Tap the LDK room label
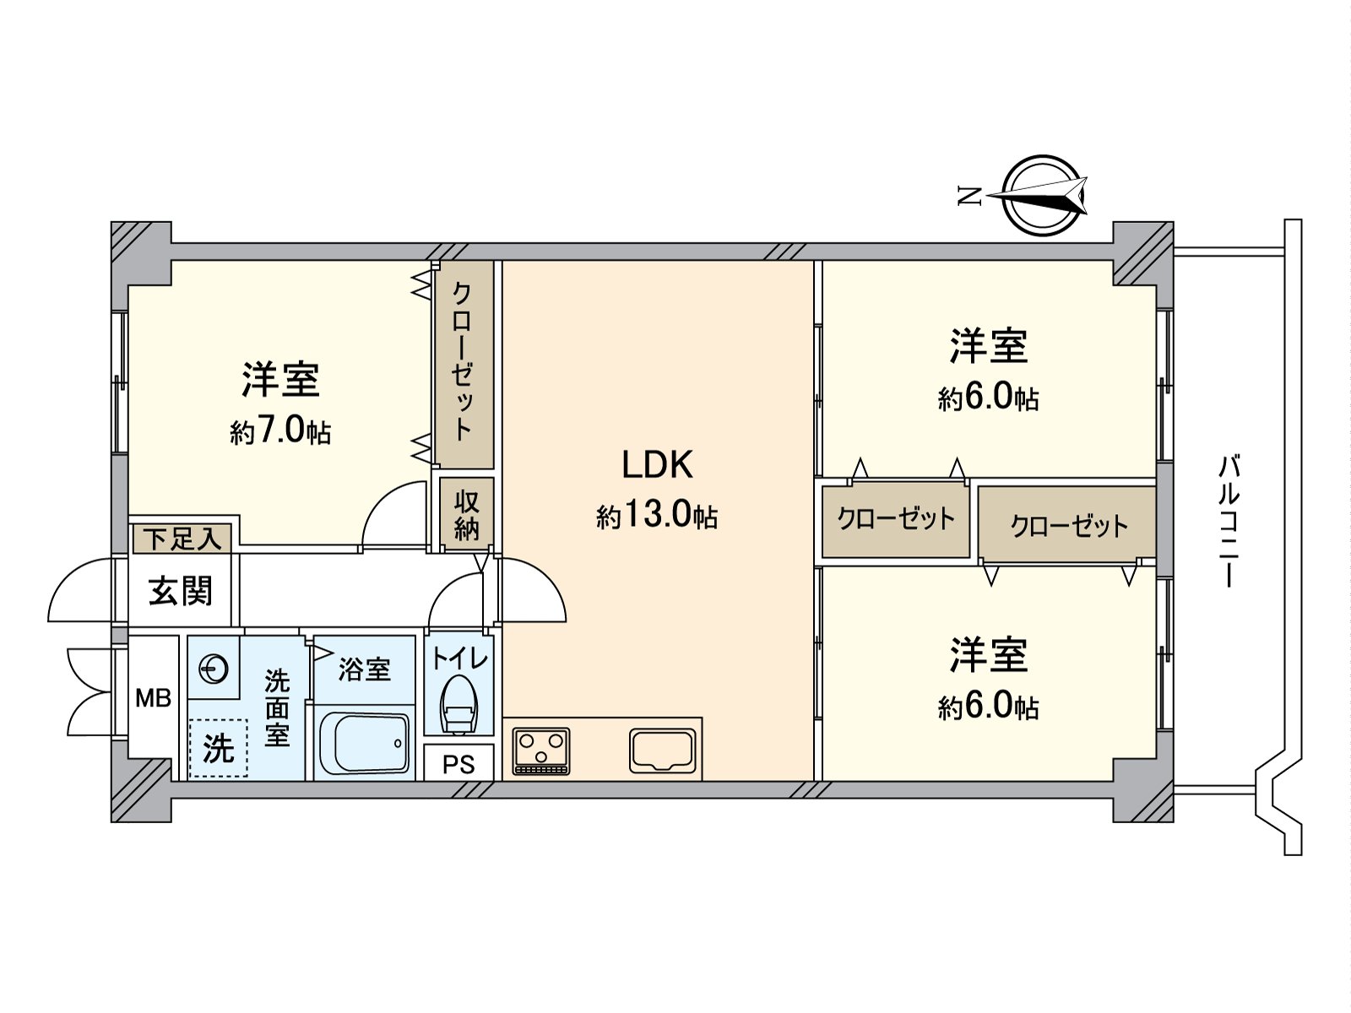(x=657, y=465)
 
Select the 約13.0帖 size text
(x=657, y=515)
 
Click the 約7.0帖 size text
(x=280, y=432)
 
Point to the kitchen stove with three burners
(x=541, y=750)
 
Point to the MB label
(x=154, y=698)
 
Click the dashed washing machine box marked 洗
(x=219, y=748)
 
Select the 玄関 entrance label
(x=180, y=591)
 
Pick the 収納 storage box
(x=466, y=515)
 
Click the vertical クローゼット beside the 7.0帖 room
(x=464, y=363)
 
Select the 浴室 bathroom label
(x=364, y=669)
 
